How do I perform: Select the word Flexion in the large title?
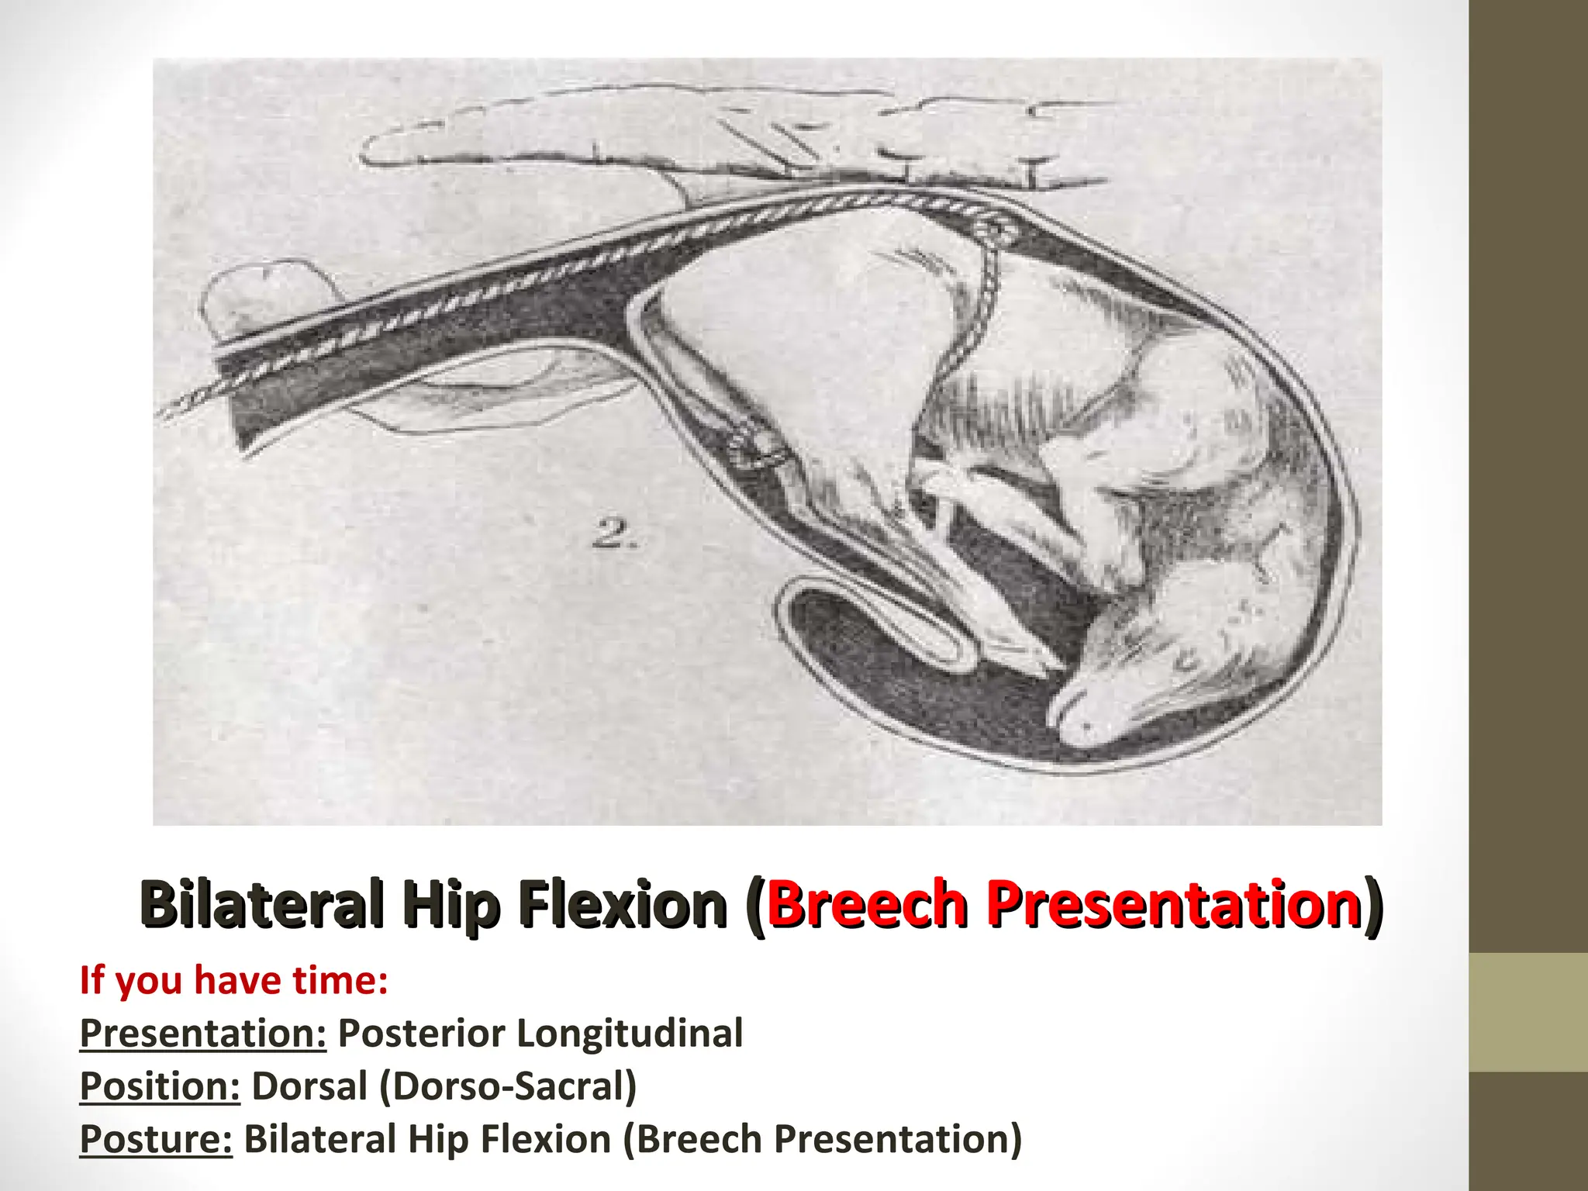(x=623, y=904)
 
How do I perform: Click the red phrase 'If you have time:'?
(x=233, y=980)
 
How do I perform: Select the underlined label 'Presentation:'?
(x=203, y=1034)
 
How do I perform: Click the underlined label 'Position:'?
(x=161, y=1086)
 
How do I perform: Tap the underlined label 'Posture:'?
(x=156, y=1139)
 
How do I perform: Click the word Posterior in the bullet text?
(x=422, y=1034)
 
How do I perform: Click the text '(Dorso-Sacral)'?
(x=508, y=1086)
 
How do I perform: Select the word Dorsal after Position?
(x=309, y=1086)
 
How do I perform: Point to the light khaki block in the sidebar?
(x=1528, y=1013)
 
